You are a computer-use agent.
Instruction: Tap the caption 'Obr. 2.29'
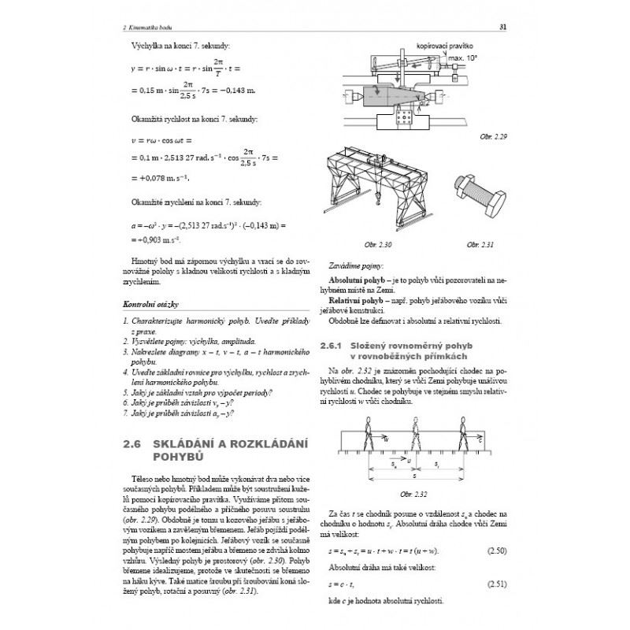[x=494, y=137]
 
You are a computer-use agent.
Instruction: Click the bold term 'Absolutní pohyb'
[x=355, y=280]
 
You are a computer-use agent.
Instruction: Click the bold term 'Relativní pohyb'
[x=354, y=300]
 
